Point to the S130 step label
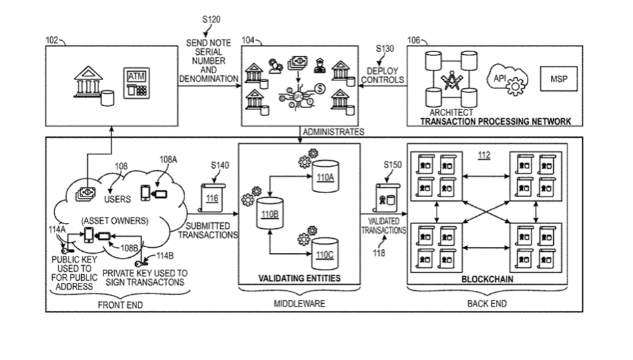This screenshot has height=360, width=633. (385, 48)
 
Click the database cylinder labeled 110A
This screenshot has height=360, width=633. (325, 176)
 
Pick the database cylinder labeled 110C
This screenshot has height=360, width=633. (324, 252)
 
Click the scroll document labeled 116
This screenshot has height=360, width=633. (212, 196)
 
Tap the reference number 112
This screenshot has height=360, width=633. (485, 156)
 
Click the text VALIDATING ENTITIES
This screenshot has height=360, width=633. (299, 278)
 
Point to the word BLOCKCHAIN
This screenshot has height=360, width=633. (487, 279)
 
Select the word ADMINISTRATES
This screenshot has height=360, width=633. (334, 132)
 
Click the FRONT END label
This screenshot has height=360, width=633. (120, 305)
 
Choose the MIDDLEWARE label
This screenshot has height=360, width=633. (299, 304)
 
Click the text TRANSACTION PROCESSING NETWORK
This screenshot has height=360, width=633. (496, 121)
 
